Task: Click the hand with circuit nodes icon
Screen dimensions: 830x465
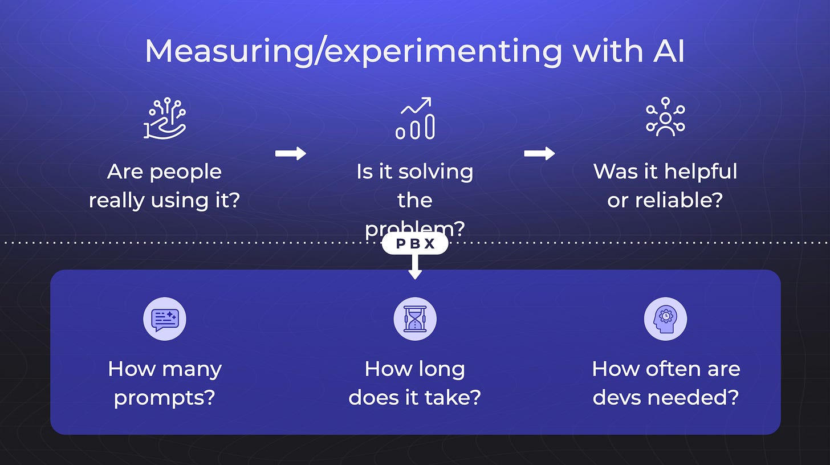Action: point(164,119)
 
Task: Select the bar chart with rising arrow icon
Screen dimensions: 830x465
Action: point(415,119)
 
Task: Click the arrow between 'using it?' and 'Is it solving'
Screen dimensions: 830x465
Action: point(290,153)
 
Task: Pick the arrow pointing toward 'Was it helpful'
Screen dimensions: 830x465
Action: point(539,153)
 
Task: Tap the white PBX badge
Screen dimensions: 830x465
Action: point(415,244)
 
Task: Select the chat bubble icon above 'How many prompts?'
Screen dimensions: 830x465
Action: point(165,319)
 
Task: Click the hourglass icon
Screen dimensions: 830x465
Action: point(415,319)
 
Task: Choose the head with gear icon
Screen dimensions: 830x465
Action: point(665,319)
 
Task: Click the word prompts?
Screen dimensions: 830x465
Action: point(165,397)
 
